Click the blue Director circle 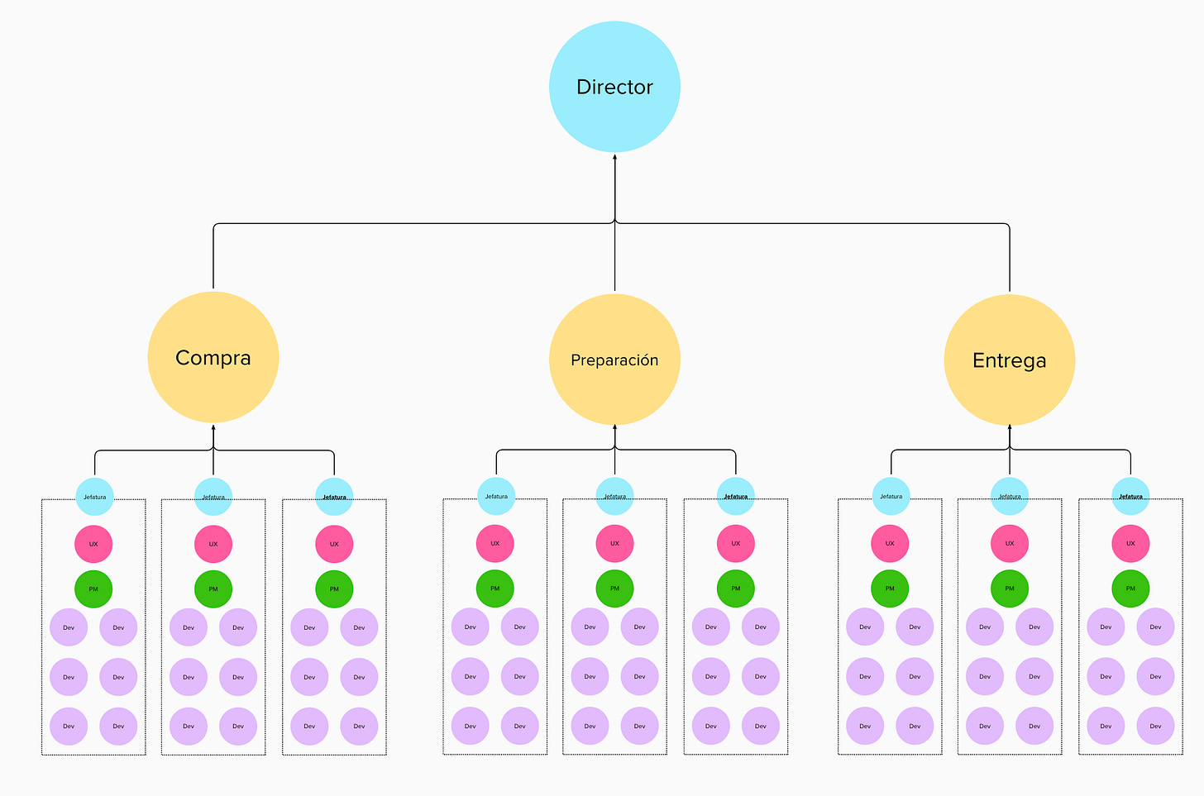point(614,87)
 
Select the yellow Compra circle point(213,357)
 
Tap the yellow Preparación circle point(614,360)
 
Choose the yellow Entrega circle point(1009,360)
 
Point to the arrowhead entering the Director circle point(614,156)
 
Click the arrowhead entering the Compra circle point(213,427)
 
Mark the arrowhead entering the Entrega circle point(1009,427)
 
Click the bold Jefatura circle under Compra point(334,497)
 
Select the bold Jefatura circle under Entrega point(1130,496)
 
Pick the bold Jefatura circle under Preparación point(735,496)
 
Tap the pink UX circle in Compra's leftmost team point(93,544)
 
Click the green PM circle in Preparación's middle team point(614,589)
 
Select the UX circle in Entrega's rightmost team point(1130,543)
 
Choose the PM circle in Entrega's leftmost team point(890,589)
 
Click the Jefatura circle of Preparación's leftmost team point(496,496)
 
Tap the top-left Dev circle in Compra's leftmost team point(69,627)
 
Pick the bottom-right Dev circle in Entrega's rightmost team point(1155,726)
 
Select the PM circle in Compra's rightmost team point(334,589)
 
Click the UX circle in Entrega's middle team point(1009,543)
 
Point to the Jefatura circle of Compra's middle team point(213,497)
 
